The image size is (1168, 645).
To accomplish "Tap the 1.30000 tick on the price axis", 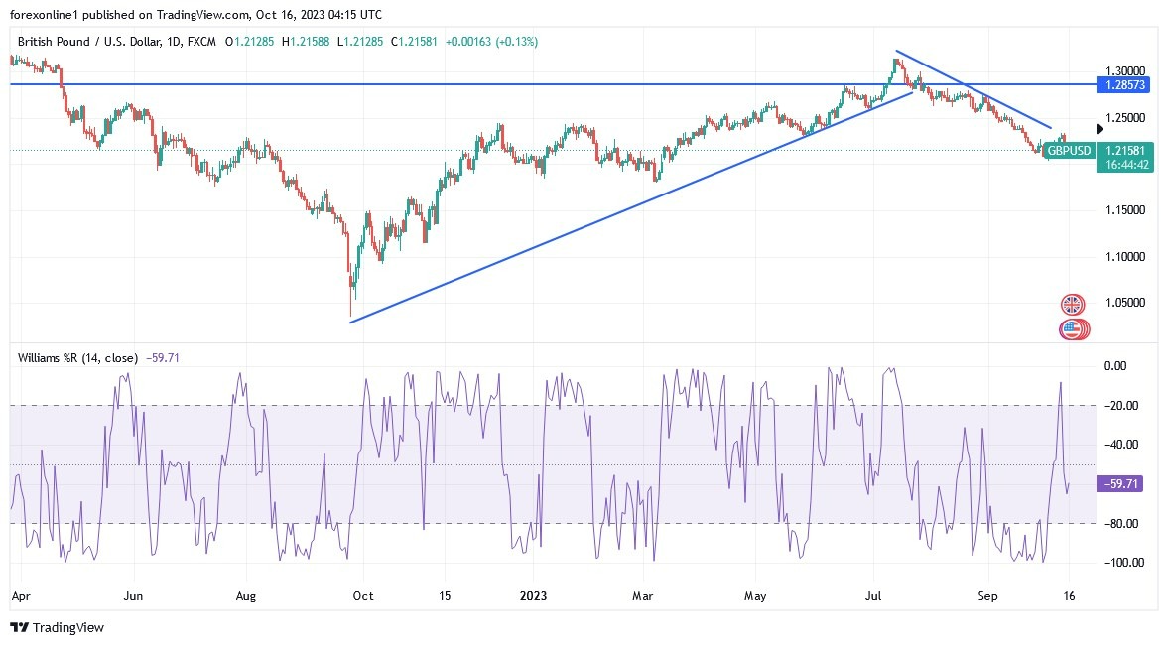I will (1124, 72).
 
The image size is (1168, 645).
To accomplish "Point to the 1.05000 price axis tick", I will (1124, 303).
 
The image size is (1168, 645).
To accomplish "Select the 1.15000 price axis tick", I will (1124, 210).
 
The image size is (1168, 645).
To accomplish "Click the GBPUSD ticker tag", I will (1070, 151).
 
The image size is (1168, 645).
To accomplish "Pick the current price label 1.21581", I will (1124, 151).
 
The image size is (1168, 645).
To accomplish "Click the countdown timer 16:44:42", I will (1124, 165).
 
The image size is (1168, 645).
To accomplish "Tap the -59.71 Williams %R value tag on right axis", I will (1122, 484).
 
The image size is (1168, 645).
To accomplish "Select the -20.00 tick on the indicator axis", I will (1122, 406).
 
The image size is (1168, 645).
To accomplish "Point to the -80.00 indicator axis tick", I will (1122, 524).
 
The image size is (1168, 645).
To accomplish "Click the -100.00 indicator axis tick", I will (1121, 563).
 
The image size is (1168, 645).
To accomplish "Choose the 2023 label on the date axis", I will (532, 597).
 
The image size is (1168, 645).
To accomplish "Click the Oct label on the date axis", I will (363, 597).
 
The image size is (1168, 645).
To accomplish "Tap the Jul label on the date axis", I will (874, 597).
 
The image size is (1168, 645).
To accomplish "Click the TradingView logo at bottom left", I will (57, 627).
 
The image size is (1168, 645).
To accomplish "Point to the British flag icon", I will (1072, 304).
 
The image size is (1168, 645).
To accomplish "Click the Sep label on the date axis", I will (987, 597).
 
